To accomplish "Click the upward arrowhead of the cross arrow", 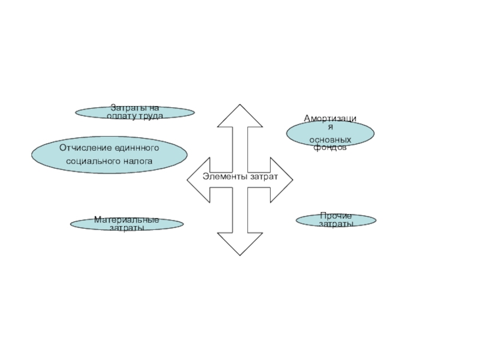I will tap(240, 117).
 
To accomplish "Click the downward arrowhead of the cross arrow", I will tap(240, 243).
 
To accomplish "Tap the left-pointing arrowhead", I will tap(199, 179).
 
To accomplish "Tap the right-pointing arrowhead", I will tap(281, 179).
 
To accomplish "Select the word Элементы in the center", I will tap(222, 176).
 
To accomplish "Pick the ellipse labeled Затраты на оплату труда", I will tap(134, 112).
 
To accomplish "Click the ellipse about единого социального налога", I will tap(109, 154).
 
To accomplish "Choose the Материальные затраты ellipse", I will tap(127, 224).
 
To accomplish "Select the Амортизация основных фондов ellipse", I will tap(329, 133).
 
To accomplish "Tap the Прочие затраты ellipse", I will tap(336, 220).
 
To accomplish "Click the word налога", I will tap(137, 161).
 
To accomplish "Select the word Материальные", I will tap(127, 220).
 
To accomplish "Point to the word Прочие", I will tap(336, 215).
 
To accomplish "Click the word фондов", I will tap(330, 147).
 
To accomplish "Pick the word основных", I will tap(330, 140).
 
